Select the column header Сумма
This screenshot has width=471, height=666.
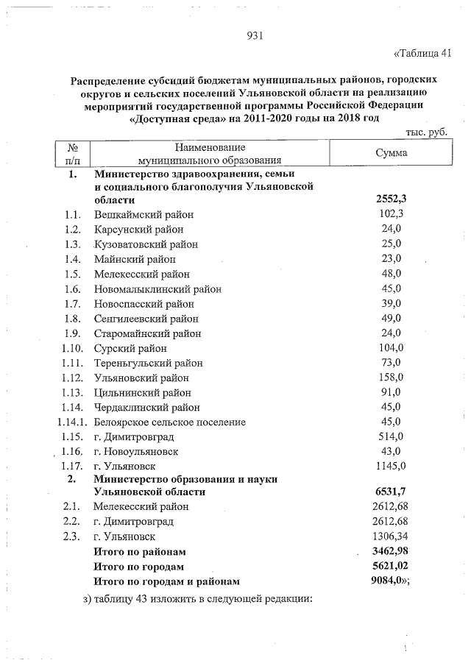click(391, 152)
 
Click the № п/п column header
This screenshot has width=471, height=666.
click(73, 152)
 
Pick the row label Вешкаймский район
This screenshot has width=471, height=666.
click(144, 214)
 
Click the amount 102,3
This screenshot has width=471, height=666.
click(390, 214)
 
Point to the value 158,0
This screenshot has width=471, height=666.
click(391, 378)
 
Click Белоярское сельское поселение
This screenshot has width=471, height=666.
click(170, 422)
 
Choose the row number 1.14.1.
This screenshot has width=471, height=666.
click(72, 422)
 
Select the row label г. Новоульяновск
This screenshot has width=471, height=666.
click(135, 451)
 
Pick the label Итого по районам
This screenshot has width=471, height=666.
click(140, 551)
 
